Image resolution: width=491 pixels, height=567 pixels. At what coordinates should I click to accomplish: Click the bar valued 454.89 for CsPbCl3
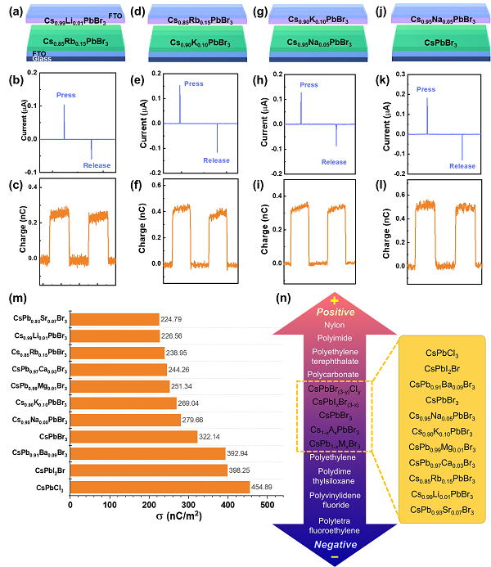160,487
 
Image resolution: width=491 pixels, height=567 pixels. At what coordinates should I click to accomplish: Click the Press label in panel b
66,96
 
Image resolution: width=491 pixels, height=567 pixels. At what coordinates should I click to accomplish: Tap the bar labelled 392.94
147,453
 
